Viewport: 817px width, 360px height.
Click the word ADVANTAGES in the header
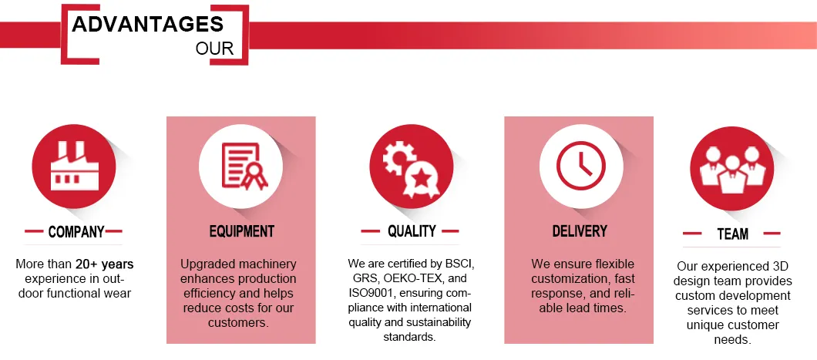147,24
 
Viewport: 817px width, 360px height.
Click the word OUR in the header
214,49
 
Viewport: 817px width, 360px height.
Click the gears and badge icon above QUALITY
411,165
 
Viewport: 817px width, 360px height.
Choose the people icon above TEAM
732,167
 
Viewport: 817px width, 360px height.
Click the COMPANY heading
76,231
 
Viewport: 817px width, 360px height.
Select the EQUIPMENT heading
241,231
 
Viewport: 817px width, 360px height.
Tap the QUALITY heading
412,230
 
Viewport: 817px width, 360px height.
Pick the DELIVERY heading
580,230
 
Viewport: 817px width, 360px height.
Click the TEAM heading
732,233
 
